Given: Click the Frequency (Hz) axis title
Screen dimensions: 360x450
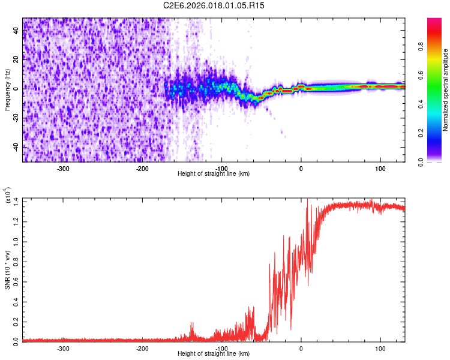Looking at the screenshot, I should click(x=7, y=89).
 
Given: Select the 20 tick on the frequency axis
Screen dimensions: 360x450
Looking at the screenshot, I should click(x=16, y=59).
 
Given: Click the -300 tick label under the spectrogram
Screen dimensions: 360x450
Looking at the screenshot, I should click(x=63, y=169).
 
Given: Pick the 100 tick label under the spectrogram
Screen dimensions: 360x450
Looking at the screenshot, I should click(x=380, y=169).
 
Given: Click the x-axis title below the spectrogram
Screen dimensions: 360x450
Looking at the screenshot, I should click(x=214, y=174).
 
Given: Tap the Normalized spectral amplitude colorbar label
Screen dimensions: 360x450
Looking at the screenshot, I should click(x=446, y=90).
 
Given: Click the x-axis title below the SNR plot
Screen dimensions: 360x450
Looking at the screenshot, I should click(x=214, y=354).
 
